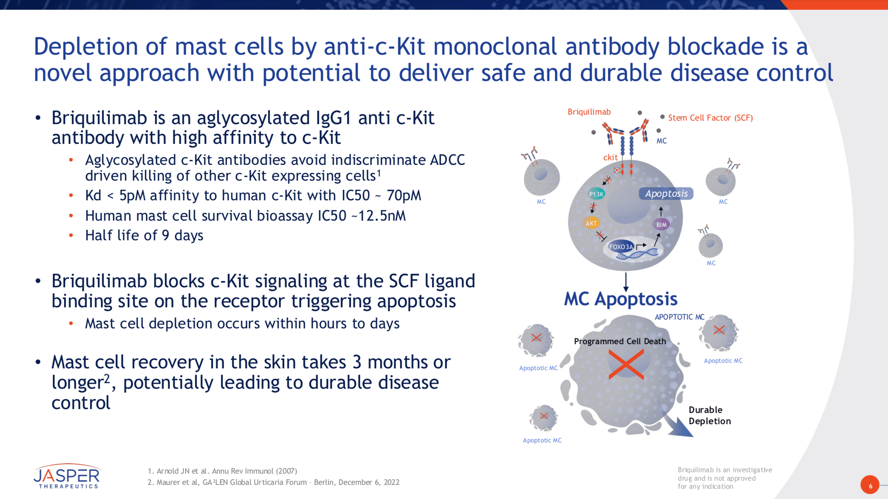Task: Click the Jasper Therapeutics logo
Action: pos(67,476)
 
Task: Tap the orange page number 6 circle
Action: pos(870,485)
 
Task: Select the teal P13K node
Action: pos(596,194)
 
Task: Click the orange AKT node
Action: pos(591,223)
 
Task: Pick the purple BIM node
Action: pos(661,225)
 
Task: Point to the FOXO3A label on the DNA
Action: pos(621,247)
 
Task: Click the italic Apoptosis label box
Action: pos(666,194)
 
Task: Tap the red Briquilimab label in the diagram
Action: pos(589,112)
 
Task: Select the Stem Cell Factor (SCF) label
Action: pos(710,118)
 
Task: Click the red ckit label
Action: pos(610,158)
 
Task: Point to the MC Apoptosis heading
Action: pos(620,299)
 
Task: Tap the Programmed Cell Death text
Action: pos(620,341)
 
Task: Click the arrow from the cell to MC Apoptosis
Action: pos(626,281)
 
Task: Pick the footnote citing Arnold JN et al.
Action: pos(222,471)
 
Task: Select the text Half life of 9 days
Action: pos(144,235)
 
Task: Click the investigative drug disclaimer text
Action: pos(724,478)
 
